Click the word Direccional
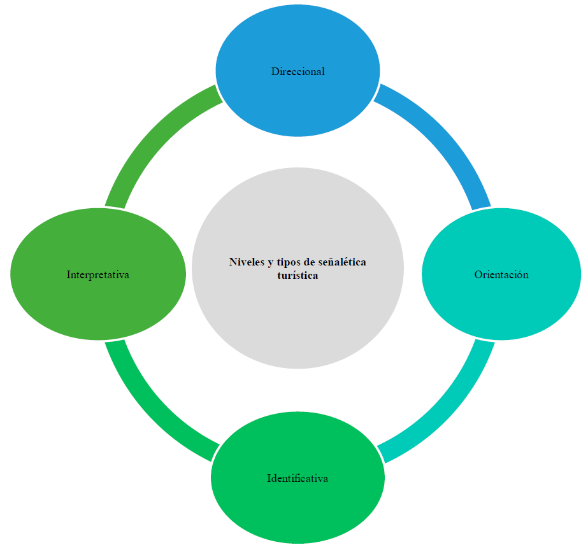[298, 71]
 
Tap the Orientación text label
[501, 275]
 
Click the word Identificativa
[298, 478]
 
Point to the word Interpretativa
[98, 275]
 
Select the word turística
[298, 276]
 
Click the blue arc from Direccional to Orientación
[446, 140]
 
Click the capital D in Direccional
[275, 71]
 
